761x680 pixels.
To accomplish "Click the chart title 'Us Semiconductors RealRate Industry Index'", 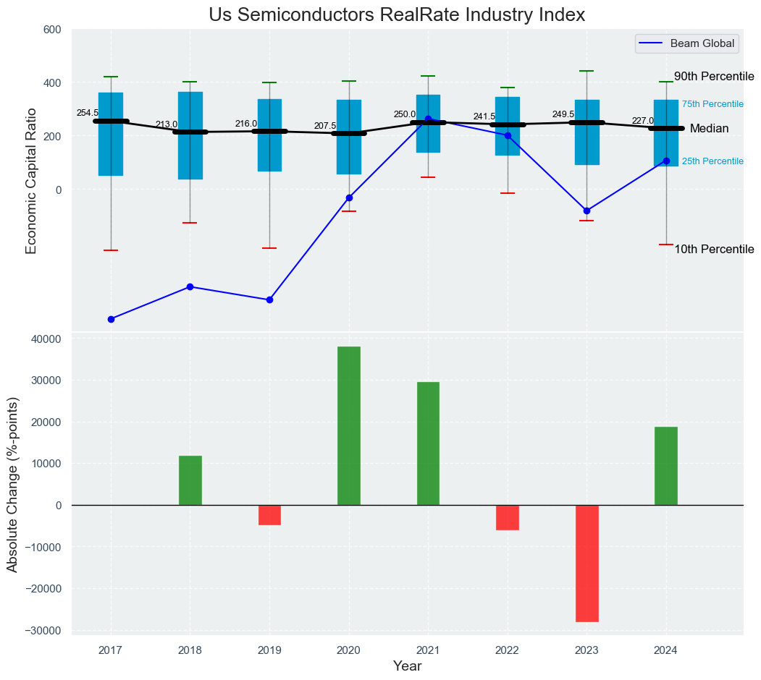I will point(396,15).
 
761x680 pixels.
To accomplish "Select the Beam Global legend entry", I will point(686,43).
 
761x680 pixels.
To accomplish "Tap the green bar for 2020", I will point(349,425).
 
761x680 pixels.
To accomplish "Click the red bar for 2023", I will point(586,563).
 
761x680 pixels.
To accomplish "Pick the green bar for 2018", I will point(190,480).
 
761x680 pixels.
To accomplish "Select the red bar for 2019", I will point(269,514).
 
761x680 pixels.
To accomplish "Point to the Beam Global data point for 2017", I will point(111,319).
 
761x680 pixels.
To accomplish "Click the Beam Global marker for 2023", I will point(586,211).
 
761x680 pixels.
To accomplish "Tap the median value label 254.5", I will point(88,113).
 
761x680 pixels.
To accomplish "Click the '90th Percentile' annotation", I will point(714,77).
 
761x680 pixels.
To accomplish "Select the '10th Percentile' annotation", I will point(714,250).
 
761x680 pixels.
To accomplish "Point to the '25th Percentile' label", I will point(712,161).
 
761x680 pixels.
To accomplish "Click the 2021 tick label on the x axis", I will point(428,651).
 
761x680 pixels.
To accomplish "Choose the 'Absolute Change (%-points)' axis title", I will point(13,484).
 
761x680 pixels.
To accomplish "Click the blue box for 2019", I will point(269,135).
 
